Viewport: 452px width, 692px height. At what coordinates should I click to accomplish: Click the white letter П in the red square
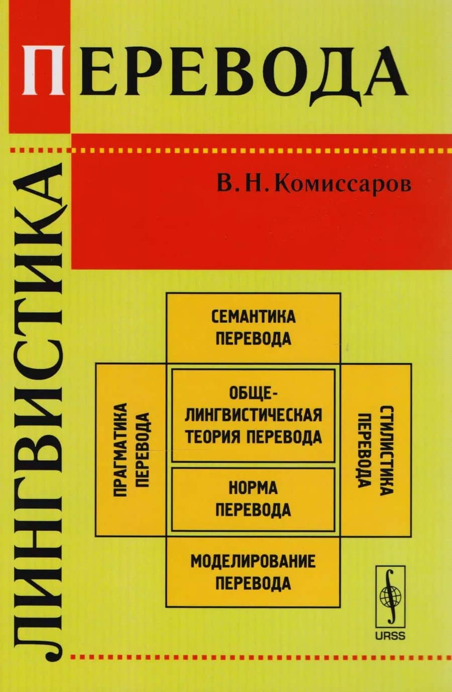coord(43,70)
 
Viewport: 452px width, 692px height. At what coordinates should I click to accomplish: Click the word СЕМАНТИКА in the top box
coord(253,317)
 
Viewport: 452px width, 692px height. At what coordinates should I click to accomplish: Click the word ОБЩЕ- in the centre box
coord(253,395)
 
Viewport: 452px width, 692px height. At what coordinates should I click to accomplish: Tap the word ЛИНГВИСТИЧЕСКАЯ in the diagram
coord(253,415)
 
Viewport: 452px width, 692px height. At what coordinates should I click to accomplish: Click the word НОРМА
coord(253,488)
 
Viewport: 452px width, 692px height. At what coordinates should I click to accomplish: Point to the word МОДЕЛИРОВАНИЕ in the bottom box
coord(253,561)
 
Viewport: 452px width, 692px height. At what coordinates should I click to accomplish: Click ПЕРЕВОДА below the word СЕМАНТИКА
coord(253,338)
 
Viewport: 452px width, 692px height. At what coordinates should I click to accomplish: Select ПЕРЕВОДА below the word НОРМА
coord(253,510)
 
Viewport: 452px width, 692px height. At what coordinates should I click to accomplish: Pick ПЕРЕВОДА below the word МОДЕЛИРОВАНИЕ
coord(253,583)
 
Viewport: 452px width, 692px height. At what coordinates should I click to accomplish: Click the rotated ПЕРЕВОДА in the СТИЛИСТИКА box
coord(365,450)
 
